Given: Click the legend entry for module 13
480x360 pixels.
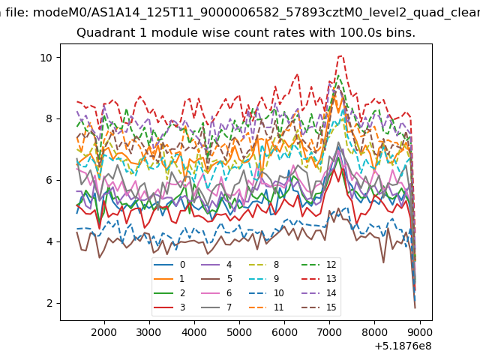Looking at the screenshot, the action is [x=319, y=279].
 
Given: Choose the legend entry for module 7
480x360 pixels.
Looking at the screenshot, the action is [x=217, y=307].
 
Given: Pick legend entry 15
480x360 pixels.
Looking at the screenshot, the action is [x=319, y=307].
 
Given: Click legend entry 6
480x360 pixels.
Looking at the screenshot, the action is [x=217, y=293].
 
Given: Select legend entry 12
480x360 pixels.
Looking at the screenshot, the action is [x=319, y=265].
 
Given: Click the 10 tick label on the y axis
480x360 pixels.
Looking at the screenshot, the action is [x=46, y=58].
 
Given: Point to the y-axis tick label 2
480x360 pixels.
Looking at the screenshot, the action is [x=49, y=303].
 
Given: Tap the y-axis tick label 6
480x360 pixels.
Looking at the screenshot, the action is [x=49, y=180].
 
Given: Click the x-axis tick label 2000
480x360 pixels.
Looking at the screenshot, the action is [x=103, y=332].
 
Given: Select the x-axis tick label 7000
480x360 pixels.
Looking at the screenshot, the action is [x=329, y=332].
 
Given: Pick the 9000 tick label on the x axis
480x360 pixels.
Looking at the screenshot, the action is [x=419, y=332].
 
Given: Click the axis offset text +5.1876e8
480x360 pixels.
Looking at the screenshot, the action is [x=403, y=346].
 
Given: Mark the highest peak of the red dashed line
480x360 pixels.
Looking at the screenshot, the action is [x=340, y=56].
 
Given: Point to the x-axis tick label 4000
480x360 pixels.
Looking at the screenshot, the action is [x=194, y=332].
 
